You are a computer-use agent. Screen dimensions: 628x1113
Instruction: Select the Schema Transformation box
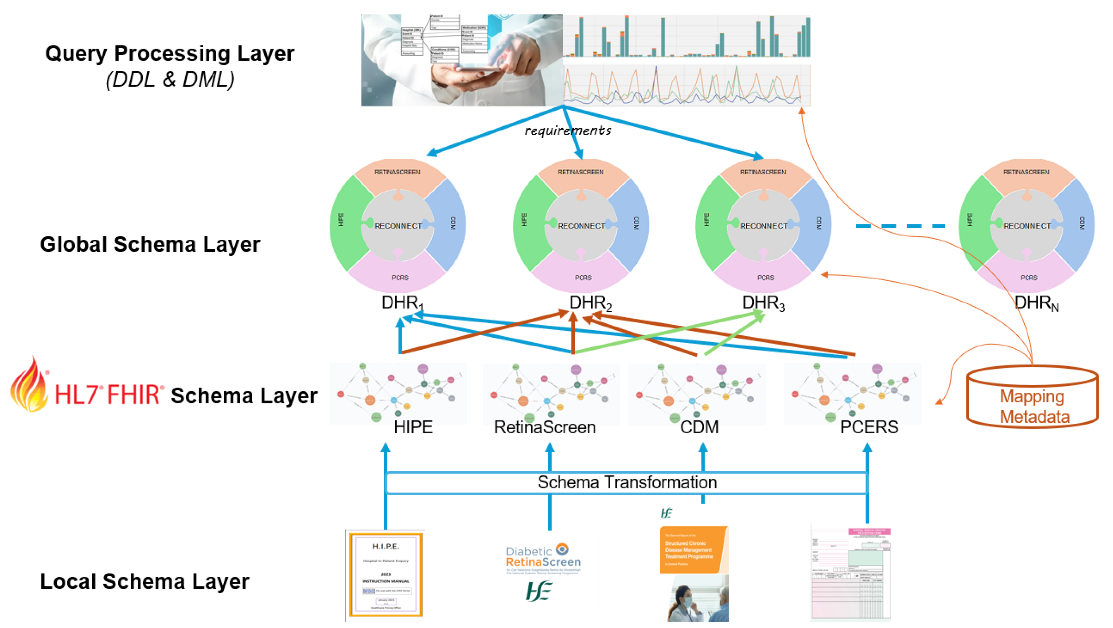tap(626, 483)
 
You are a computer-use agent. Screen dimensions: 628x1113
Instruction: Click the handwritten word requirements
tap(568, 130)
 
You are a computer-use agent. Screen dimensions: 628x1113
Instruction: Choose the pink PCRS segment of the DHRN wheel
tap(1028, 277)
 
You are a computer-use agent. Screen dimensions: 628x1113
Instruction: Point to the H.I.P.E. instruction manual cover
tap(385, 574)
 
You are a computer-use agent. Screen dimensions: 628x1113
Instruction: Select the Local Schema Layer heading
tap(145, 581)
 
